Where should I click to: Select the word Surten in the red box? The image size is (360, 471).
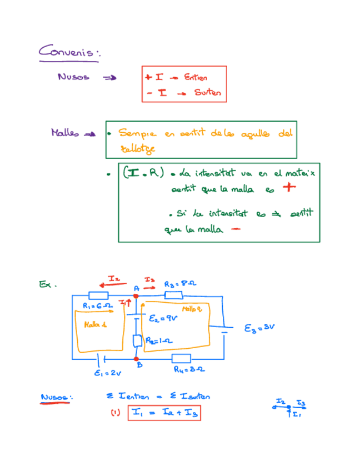pyautogui.click(x=207, y=93)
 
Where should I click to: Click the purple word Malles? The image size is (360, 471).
pyautogui.click(x=65, y=133)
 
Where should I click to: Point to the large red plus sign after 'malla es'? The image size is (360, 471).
pyautogui.click(x=287, y=189)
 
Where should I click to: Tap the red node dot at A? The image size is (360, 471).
pyautogui.click(x=136, y=296)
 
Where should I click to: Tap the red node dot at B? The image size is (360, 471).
pyautogui.click(x=137, y=359)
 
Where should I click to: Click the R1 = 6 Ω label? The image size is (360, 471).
pyautogui.click(x=98, y=305)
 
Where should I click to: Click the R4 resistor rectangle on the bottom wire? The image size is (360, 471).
pyautogui.click(x=181, y=358)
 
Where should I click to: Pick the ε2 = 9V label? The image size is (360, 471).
pyautogui.click(x=163, y=319)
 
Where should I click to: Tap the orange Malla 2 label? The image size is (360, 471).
pyautogui.click(x=192, y=308)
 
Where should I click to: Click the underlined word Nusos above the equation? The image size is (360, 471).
pyautogui.click(x=57, y=397)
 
